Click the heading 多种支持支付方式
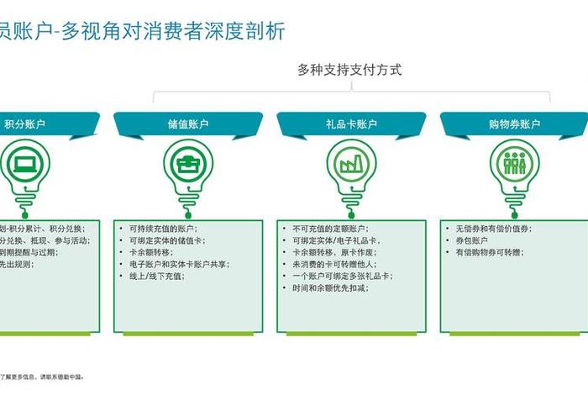349,70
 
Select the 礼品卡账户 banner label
351,124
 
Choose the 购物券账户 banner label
514,124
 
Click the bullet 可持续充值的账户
163,229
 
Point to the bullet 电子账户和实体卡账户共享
179,264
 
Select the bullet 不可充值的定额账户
330,229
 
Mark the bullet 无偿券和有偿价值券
493,229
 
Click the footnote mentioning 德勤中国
42,377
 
